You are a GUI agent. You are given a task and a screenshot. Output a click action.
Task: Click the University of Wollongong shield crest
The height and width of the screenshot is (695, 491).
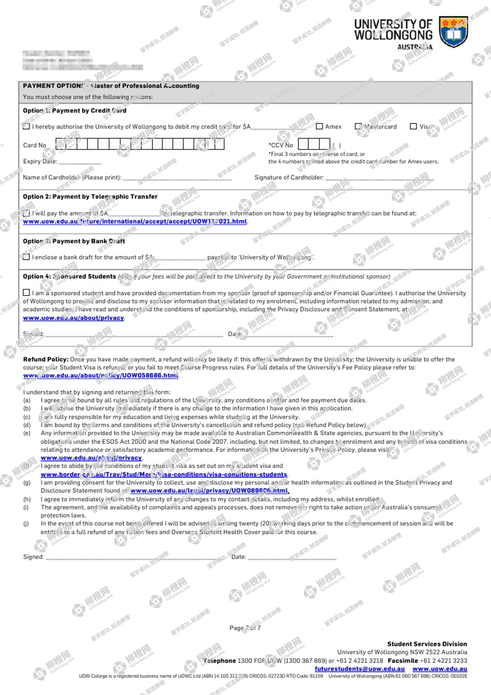click(453, 32)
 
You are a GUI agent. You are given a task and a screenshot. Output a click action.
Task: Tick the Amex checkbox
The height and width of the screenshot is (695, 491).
click(320, 126)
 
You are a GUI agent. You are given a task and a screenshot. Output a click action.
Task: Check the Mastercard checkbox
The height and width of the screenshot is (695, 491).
click(358, 126)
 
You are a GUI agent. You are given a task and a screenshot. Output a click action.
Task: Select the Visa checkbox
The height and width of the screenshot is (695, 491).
click(413, 126)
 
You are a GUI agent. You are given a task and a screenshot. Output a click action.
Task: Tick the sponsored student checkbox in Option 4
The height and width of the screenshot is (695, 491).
click(26, 292)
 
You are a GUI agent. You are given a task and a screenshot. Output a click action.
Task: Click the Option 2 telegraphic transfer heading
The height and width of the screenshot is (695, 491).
click(90, 197)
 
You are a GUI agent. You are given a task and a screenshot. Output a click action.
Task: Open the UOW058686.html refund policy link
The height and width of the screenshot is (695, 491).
click(101, 376)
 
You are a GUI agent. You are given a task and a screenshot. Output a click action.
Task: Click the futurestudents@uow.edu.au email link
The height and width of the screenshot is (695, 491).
click(359, 669)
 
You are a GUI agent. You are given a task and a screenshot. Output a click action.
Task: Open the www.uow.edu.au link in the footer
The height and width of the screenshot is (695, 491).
click(440, 669)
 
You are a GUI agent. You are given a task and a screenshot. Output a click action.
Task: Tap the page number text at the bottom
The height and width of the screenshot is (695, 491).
click(245, 628)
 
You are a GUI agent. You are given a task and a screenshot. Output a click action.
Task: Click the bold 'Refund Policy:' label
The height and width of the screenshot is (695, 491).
click(46, 359)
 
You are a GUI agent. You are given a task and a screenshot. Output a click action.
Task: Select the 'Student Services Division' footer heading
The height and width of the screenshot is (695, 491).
click(427, 644)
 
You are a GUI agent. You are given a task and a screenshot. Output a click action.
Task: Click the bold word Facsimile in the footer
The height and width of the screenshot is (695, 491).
click(403, 661)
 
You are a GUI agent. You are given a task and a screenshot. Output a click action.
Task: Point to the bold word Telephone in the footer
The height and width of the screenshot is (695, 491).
click(220, 661)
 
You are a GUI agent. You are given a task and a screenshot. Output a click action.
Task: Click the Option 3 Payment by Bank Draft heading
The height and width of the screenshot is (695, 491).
click(74, 241)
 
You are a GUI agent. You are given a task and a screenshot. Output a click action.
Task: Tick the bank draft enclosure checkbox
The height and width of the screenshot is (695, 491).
click(26, 257)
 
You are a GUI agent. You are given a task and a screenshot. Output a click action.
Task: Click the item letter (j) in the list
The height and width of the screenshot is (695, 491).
click(26, 524)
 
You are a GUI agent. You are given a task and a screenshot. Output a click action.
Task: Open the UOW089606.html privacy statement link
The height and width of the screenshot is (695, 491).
click(209, 491)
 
